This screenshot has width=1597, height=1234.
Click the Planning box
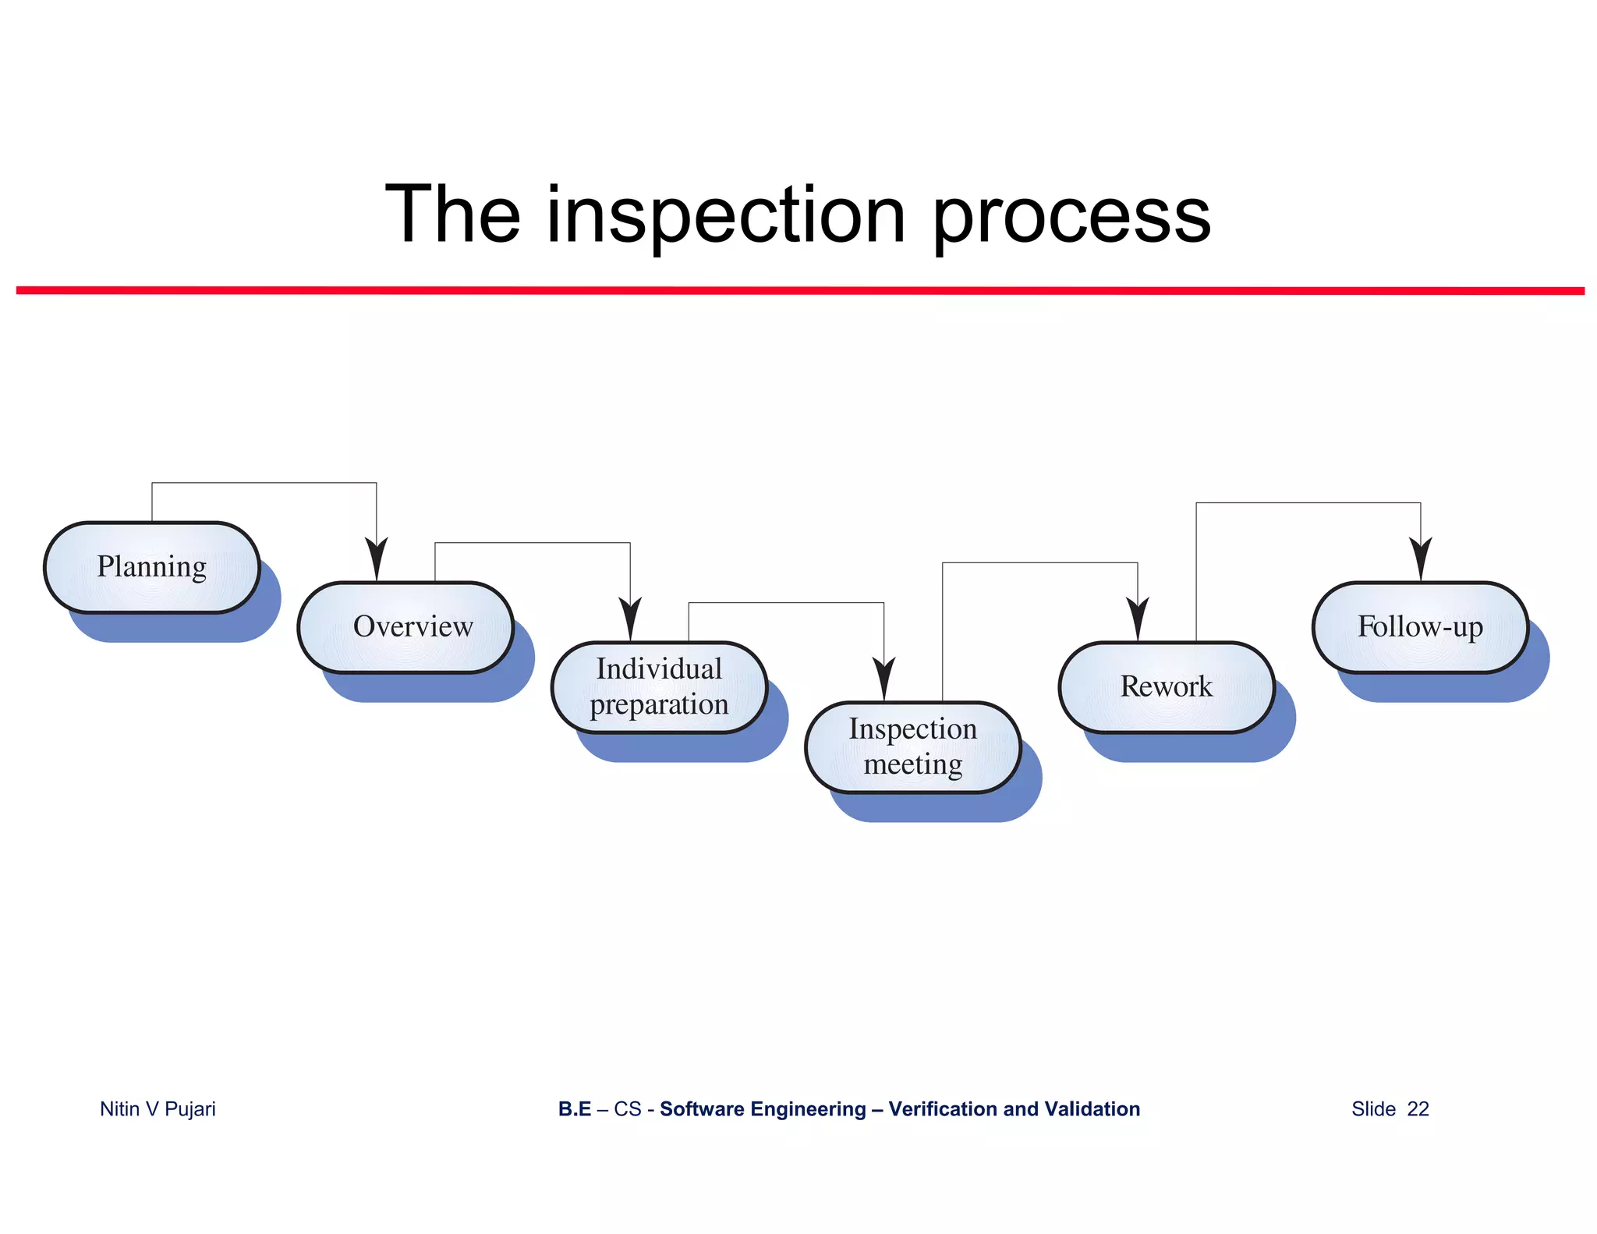[x=152, y=567]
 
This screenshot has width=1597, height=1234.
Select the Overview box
[x=405, y=627]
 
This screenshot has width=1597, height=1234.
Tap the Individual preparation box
[x=659, y=687]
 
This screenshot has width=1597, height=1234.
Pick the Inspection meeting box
[x=912, y=747]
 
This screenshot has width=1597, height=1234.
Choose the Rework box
[x=1167, y=687]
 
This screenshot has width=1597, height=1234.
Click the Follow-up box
[x=1420, y=627]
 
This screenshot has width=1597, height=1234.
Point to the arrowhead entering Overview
[x=377, y=559]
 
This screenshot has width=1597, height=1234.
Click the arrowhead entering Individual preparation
[x=630, y=619]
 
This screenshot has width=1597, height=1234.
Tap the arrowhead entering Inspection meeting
[x=883, y=679]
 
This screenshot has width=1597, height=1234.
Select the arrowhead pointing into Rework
[x=1138, y=619]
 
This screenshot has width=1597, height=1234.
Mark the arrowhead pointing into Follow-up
[x=1421, y=559]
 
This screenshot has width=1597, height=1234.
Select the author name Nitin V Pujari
[x=158, y=1108]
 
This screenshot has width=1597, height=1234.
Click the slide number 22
[x=1418, y=1108]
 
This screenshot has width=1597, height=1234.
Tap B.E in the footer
[x=575, y=1108]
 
